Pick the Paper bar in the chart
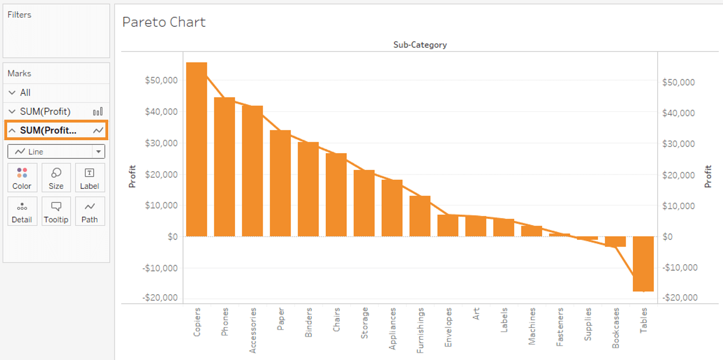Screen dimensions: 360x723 point(280,183)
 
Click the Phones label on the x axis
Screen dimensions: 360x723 point(225,322)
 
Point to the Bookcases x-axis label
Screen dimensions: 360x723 point(616,327)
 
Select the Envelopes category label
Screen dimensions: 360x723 point(448,327)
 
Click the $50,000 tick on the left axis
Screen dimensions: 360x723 point(161,80)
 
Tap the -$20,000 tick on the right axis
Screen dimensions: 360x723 point(679,298)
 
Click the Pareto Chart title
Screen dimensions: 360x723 point(164,22)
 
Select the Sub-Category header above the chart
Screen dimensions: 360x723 point(420,45)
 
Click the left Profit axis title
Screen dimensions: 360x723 point(133,176)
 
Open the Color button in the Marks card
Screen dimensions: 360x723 point(22,178)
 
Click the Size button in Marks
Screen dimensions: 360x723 point(56,178)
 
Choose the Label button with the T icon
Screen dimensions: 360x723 point(90,178)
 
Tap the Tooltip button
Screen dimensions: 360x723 point(56,211)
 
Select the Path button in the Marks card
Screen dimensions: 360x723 point(90,211)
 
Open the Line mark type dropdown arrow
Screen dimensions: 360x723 point(98,152)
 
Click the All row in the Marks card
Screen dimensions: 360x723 point(25,93)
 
